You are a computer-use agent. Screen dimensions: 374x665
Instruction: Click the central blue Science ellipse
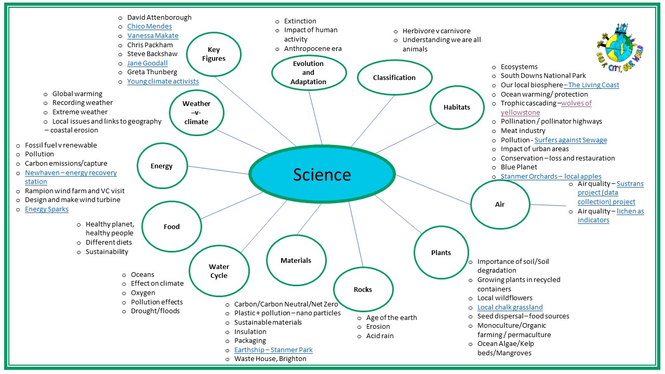coord(322,175)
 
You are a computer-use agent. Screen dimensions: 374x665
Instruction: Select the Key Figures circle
coord(214,54)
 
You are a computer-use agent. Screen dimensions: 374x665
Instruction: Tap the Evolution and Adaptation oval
coord(309,73)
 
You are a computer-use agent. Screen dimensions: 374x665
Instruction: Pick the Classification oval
coord(394,77)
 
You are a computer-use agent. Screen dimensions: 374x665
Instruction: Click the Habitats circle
coord(457,107)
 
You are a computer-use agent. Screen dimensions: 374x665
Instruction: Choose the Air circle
coord(500,204)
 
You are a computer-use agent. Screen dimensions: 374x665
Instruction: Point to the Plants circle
coord(441,252)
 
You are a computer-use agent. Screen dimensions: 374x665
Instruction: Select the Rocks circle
coord(363,289)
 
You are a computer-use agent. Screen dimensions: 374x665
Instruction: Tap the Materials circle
coord(296,260)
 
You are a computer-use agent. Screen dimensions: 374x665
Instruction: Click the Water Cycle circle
coord(219,271)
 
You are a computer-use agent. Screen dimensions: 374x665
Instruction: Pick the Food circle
coord(171,226)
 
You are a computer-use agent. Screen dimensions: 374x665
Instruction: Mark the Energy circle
coord(162,166)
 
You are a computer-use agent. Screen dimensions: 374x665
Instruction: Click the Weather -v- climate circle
coord(196,112)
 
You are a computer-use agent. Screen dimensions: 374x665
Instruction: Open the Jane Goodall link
coord(148,63)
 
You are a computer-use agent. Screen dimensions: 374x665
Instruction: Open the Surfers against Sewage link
coord(570,140)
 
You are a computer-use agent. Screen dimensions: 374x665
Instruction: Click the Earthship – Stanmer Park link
coord(273,350)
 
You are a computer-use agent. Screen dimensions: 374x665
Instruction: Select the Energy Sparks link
coord(47,209)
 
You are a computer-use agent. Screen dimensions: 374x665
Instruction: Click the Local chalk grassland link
coord(510,307)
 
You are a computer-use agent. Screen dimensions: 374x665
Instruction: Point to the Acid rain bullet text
coord(380,336)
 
